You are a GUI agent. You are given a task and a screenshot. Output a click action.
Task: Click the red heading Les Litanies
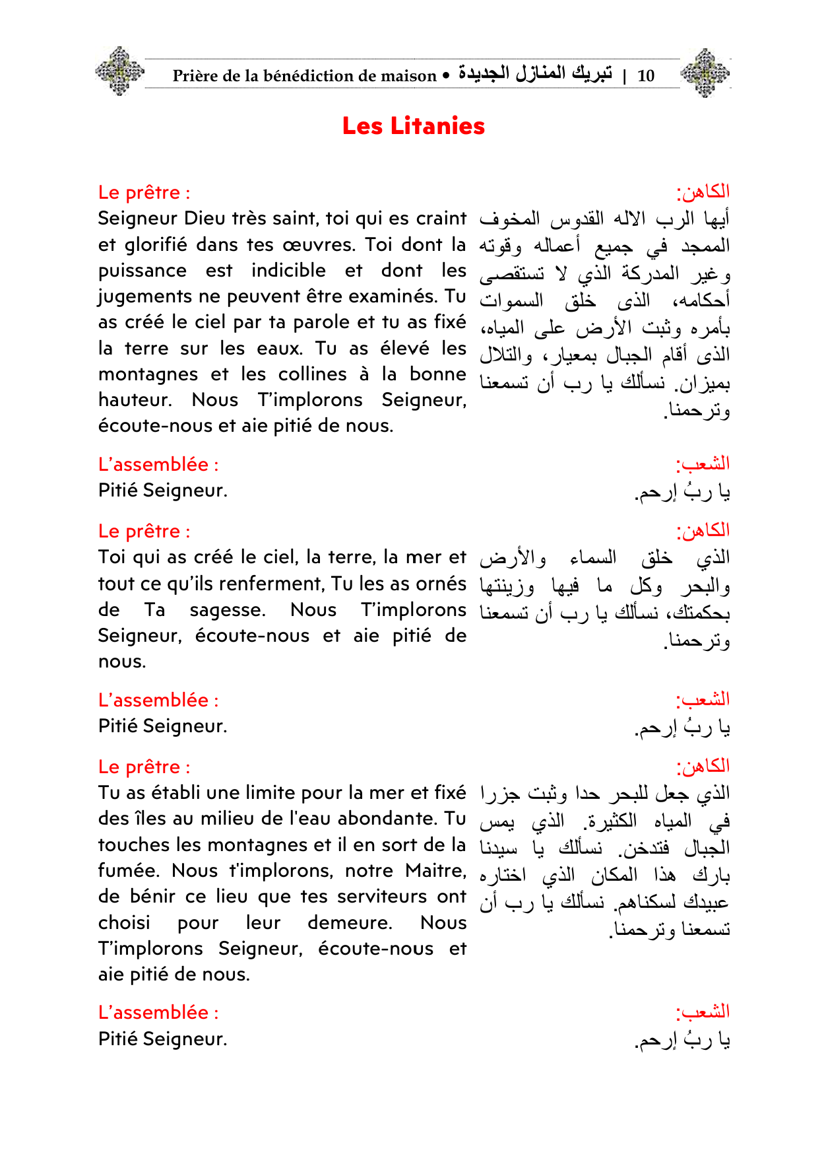coord(413,126)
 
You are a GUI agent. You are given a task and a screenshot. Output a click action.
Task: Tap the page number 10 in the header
coord(645,76)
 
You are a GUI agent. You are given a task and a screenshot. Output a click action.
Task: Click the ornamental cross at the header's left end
coord(119,71)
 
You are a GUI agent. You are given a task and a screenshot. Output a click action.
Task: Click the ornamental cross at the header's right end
coord(705,73)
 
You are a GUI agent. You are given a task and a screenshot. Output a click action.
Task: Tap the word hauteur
coord(134,400)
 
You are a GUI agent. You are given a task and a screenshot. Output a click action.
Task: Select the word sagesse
coord(227,610)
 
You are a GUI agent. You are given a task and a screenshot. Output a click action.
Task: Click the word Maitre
coord(435,871)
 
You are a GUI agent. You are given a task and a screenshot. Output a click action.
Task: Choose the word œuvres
coord(319,245)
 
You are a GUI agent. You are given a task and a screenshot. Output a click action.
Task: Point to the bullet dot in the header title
coord(447,76)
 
